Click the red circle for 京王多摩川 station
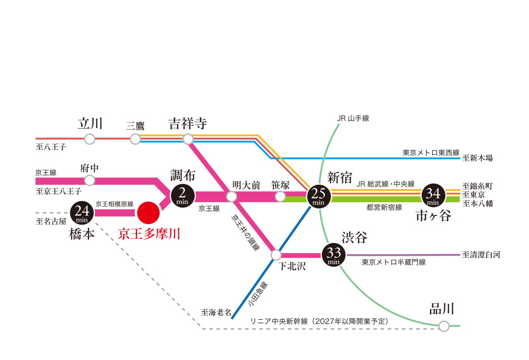click(148, 213)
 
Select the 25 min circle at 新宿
click(318, 196)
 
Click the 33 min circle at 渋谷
click(334, 256)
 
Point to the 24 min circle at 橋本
click(82, 213)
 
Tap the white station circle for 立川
click(90, 139)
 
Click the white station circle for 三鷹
click(135, 139)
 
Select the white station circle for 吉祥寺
click(188, 139)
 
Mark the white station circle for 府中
click(90, 181)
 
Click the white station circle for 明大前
click(231, 196)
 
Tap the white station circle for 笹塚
click(280, 196)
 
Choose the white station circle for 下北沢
click(276, 255)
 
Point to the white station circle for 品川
click(444, 326)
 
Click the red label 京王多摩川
click(149, 234)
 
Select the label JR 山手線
click(353, 119)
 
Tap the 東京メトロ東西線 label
click(431, 152)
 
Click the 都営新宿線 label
click(384, 208)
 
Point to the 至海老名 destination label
click(216, 312)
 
